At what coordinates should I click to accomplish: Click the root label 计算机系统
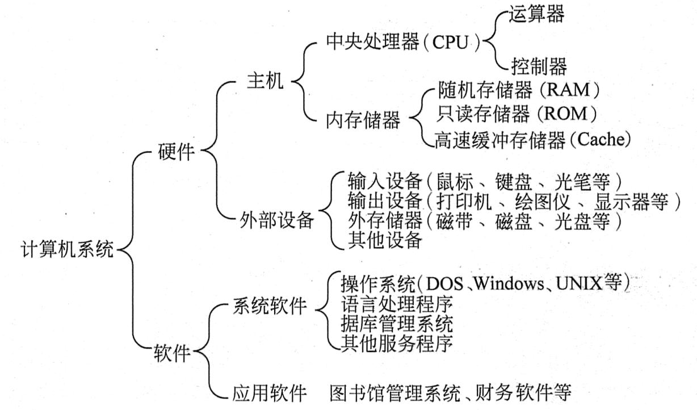click(x=67, y=250)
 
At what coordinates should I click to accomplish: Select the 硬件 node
click(x=176, y=152)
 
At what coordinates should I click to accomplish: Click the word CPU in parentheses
click(x=452, y=42)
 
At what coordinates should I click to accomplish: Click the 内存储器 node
click(x=363, y=119)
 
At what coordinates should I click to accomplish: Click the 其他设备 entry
click(x=384, y=240)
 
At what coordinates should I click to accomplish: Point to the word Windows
click(x=510, y=283)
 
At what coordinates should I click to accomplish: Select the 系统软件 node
click(x=270, y=307)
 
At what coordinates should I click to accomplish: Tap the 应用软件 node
click(x=270, y=392)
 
